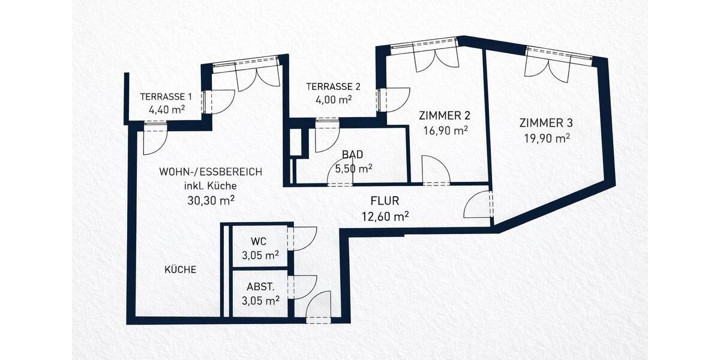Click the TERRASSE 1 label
pyautogui.click(x=166, y=97)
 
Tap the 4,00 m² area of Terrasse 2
pyautogui.click(x=329, y=100)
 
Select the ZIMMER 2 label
pyautogui.click(x=444, y=116)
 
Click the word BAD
pyautogui.click(x=353, y=155)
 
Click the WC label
pyautogui.click(x=258, y=242)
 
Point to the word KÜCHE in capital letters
pyautogui.click(x=181, y=270)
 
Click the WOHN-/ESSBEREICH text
pyautogui.click(x=210, y=172)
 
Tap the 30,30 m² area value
pyautogui.click(x=210, y=199)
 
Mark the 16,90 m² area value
pyautogui.click(x=444, y=130)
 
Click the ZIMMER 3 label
pyautogui.click(x=545, y=124)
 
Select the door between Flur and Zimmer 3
pyautogui.click(x=479, y=206)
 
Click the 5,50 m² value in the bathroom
pyautogui.click(x=353, y=169)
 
